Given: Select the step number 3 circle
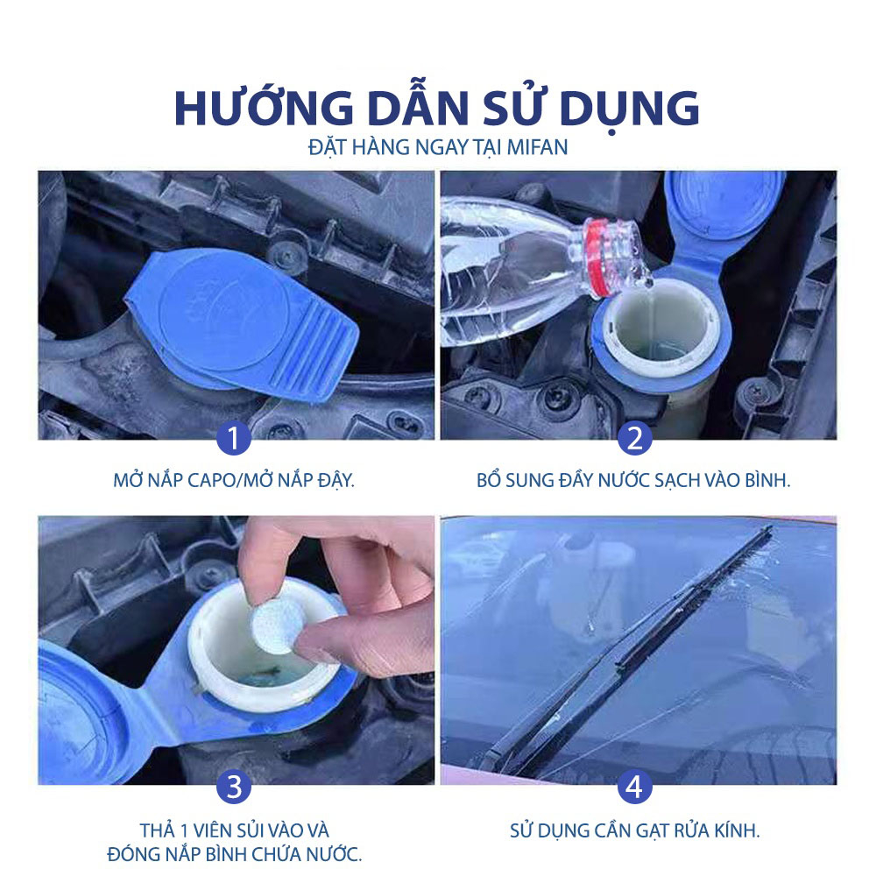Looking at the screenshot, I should (235, 786).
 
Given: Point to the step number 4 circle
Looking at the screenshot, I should (634, 786).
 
